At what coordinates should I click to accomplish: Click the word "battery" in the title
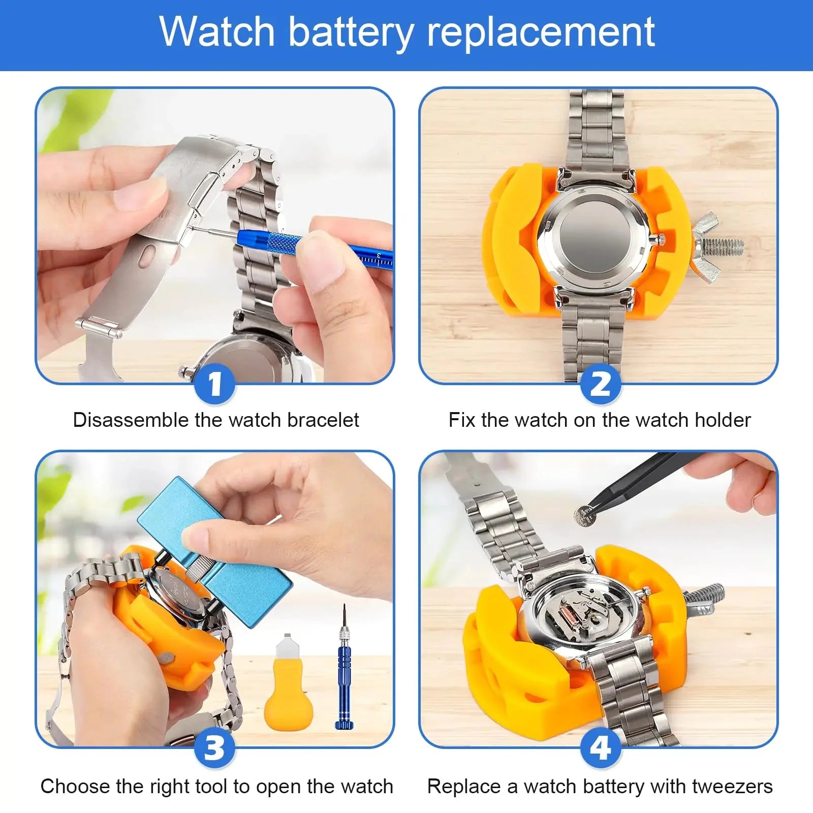[x=351, y=33]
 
